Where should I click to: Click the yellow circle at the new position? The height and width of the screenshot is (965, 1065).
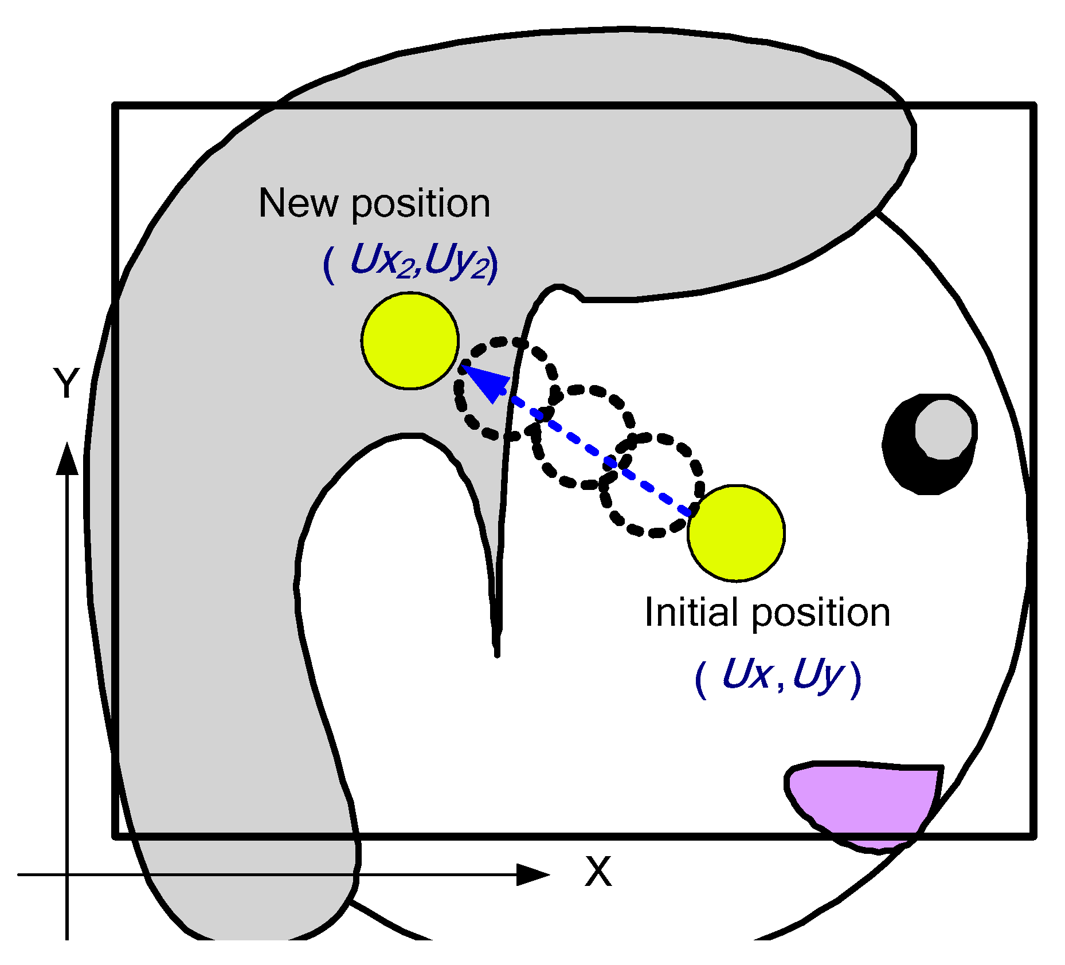pos(410,341)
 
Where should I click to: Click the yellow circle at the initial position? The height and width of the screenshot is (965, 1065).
pos(736,533)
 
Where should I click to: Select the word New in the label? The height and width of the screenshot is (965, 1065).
pos(297,203)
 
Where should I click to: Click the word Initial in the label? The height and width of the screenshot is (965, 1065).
pos(691,613)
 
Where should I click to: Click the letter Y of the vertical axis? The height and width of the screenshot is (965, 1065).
pos(66,382)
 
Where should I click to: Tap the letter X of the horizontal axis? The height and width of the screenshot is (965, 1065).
pos(598,872)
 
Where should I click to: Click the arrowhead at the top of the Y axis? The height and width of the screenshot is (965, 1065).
pos(67,459)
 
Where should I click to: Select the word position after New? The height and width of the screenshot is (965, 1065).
pos(421,204)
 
